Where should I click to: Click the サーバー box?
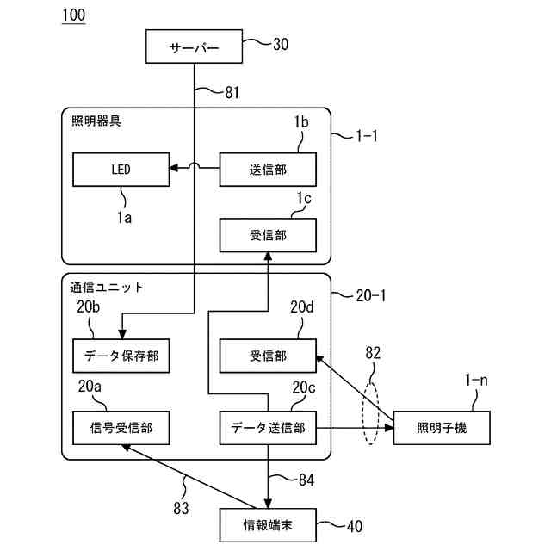(195, 46)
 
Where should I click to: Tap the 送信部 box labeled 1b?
(268, 169)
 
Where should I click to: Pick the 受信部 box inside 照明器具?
(268, 233)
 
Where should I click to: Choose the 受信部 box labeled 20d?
(268, 355)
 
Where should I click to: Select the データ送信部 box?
(268, 426)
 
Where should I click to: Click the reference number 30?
(281, 44)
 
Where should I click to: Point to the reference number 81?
(232, 93)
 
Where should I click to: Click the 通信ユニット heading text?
(108, 286)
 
